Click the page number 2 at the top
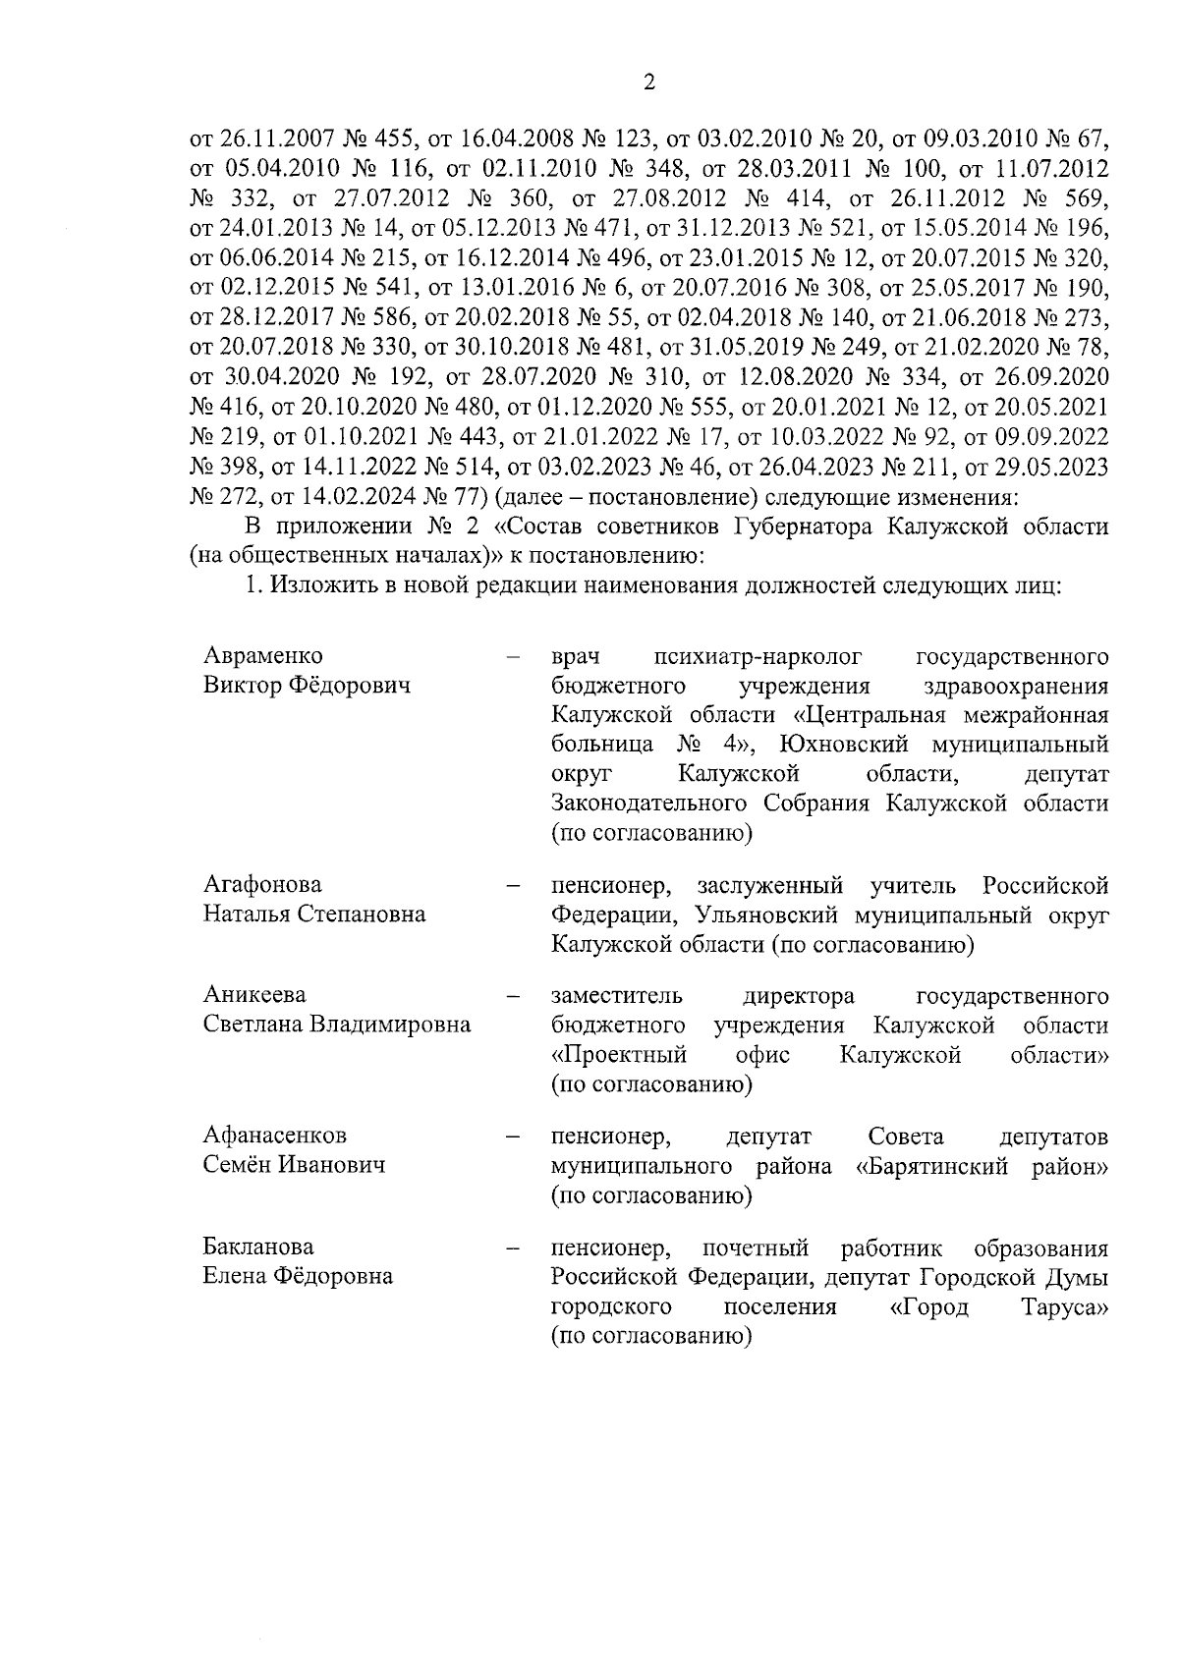(648, 83)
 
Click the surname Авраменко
(262, 656)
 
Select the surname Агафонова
(262, 885)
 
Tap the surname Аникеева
(254, 996)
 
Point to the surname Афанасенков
(275, 1136)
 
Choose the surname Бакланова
(258, 1247)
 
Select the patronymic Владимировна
(391, 1026)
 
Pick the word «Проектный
(618, 1056)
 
